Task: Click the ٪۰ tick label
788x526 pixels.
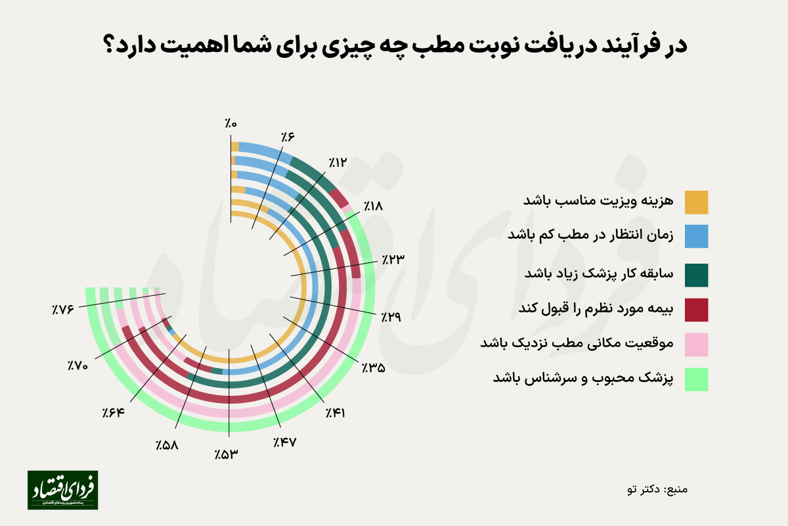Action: (x=230, y=122)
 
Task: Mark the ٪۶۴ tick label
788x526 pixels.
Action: (x=114, y=413)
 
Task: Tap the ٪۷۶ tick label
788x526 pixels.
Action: (x=64, y=308)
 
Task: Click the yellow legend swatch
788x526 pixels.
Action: (x=696, y=203)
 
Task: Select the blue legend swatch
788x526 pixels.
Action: (x=696, y=237)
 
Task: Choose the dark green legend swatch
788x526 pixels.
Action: (x=696, y=275)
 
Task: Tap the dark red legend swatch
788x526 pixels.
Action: (x=696, y=310)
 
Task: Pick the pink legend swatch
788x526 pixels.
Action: (x=696, y=345)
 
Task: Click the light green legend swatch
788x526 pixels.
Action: (x=696, y=380)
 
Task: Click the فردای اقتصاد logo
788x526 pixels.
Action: (x=62, y=490)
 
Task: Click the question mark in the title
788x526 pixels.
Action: (x=110, y=46)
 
